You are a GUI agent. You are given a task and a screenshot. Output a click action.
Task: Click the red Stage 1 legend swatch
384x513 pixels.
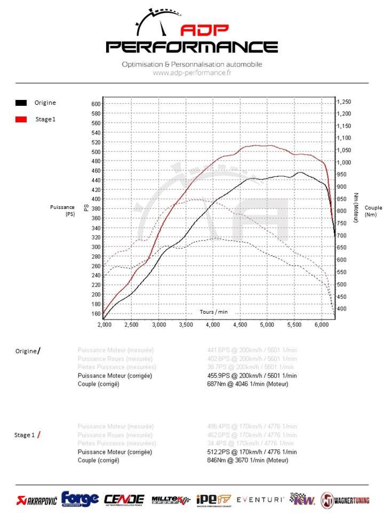pyautogui.click(x=21, y=119)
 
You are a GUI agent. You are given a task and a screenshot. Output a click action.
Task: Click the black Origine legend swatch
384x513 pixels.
pyautogui.click(x=21, y=103)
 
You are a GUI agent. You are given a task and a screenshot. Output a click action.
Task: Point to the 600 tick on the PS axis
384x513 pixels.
pyautogui.click(x=96, y=104)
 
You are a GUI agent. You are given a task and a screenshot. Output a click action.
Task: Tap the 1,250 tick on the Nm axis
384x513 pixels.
pyautogui.click(x=344, y=102)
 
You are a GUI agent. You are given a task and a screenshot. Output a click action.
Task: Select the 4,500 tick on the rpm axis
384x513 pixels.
pyautogui.click(x=240, y=325)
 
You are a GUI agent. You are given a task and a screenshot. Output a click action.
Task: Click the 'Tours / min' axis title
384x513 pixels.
pyautogui.click(x=214, y=312)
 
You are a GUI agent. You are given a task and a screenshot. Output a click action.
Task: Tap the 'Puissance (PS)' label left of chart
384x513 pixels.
pyautogui.click(x=62, y=211)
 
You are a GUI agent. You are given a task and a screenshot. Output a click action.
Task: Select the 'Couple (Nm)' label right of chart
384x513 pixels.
pyautogui.click(x=373, y=211)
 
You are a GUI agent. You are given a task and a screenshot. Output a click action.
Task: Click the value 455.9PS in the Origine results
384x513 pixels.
pyautogui.click(x=218, y=376)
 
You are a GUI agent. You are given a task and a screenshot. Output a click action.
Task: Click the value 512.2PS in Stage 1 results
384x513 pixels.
pyautogui.click(x=218, y=452)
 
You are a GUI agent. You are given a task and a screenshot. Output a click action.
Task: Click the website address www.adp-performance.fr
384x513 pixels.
pyautogui.click(x=192, y=73)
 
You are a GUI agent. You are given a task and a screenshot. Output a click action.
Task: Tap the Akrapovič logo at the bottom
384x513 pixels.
pyautogui.click(x=37, y=500)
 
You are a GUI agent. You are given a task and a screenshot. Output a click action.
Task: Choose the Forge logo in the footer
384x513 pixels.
pyautogui.click(x=80, y=499)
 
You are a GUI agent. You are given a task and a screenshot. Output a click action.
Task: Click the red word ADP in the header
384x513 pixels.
pyautogui.click(x=205, y=30)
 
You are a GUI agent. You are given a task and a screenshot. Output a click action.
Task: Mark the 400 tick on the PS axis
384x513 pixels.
pyautogui.click(x=96, y=199)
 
